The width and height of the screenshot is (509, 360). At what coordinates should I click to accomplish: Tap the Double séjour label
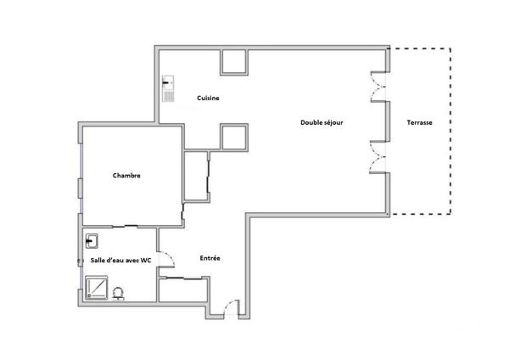[x=322, y=122]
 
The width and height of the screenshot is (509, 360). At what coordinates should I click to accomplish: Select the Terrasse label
[x=419, y=122]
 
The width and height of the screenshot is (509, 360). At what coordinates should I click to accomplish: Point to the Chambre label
[x=126, y=176]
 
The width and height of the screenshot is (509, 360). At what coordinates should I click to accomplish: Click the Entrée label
[x=210, y=258]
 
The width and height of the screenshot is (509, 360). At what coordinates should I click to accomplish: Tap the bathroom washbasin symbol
[x=92, y=241]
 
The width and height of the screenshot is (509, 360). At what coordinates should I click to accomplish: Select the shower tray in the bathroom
[x=98, y=290]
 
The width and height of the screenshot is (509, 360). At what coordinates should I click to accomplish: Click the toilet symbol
[x=118, y=292]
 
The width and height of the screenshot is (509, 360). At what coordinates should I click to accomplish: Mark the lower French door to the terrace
[x=375, y=159]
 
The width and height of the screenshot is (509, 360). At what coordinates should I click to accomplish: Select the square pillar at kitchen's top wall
[x=233, y=62]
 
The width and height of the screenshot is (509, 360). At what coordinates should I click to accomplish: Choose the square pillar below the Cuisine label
[x=233, y=136]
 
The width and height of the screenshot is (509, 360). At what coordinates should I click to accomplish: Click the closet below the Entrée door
[x=182, y=289]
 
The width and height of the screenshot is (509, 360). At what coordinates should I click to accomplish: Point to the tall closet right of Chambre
[x=196, y=177]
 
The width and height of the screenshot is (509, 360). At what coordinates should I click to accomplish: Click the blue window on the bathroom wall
[x=81, y=262]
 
